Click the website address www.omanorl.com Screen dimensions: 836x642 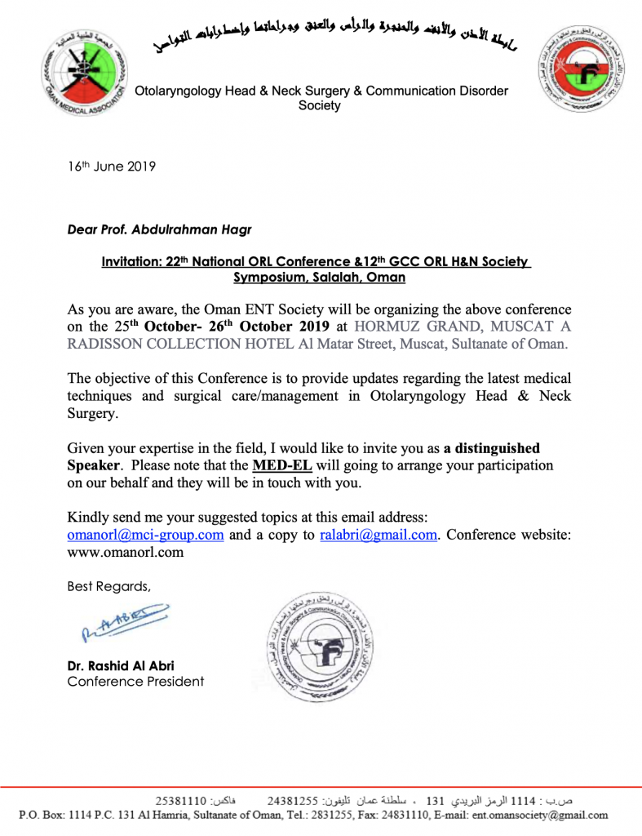[125, 552]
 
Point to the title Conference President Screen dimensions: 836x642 [135, 681]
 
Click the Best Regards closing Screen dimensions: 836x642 [108, 585]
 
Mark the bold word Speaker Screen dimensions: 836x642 [94, 465]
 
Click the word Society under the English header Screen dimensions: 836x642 [319, 106]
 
